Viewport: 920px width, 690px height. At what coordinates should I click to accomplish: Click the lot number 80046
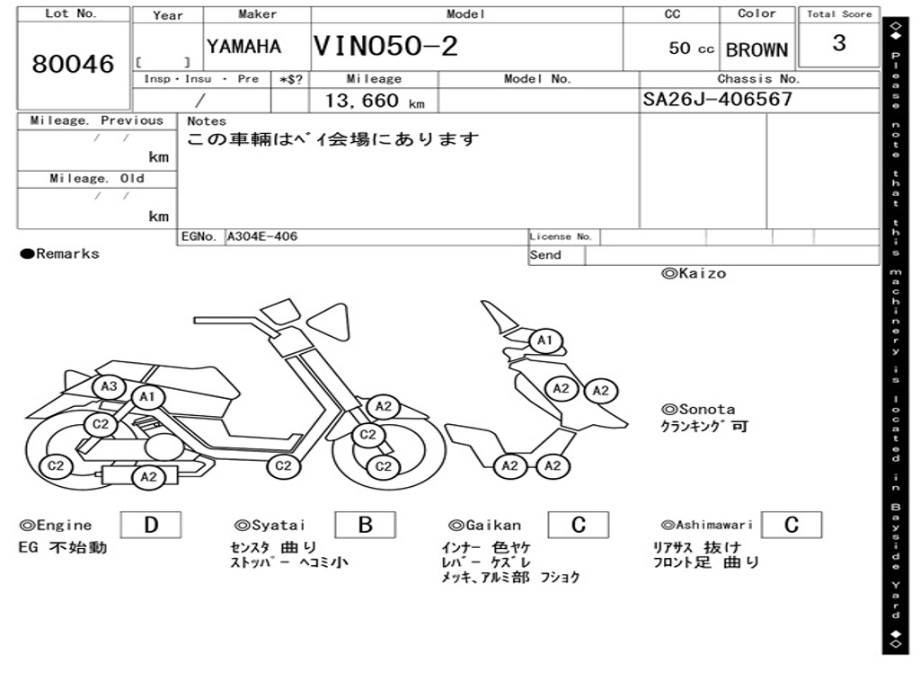[x=73, y=65]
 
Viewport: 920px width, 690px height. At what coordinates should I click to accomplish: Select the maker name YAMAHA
[x=243, y=47]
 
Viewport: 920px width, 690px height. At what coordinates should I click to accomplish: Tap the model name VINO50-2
[x=385, y=47]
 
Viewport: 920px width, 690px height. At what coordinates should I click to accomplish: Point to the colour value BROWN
[x=756, y=50]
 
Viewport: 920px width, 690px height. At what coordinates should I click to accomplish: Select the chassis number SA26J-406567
[x=718, y=99]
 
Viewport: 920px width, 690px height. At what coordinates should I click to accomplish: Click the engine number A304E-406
[x=262, y=236]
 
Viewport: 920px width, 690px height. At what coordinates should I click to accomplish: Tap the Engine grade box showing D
[x=150, y=525]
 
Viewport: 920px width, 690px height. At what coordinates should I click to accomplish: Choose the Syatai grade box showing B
[x=365, y=525]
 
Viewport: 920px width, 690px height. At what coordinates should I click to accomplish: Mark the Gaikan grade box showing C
[x=579, y=525]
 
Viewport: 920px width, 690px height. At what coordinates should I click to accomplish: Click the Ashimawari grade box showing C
[x=792, y=525]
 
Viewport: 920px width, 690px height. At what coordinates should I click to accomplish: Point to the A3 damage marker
[x=109, y=386]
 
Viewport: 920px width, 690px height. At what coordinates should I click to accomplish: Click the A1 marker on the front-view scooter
[x=544, y=341]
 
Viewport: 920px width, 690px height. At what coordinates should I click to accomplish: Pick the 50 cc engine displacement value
[x=691, y=49]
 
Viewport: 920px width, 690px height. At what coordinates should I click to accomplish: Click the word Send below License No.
[x=545, y=255]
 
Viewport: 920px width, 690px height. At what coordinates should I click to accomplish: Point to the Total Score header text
[x=839, y=14]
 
